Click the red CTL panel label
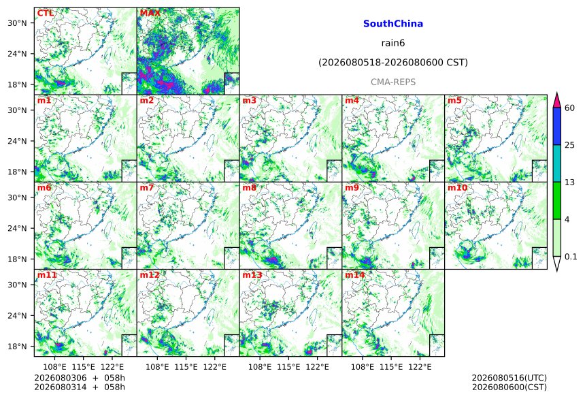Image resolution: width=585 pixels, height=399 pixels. (45, 13)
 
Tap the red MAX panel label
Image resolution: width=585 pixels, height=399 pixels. (150, 13)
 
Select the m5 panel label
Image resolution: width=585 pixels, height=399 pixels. (454, 101)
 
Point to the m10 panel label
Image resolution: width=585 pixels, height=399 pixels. (457, 188)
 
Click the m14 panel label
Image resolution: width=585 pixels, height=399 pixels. (355, 275)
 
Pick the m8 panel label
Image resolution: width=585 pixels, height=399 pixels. (249, 188)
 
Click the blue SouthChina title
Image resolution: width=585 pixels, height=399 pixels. (393, 24)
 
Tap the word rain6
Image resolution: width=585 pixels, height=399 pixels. (393, 43)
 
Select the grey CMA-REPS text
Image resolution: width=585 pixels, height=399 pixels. (393, 82)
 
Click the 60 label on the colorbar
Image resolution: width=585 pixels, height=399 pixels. (570, 108)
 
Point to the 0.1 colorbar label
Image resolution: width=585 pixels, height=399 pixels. (571, 257)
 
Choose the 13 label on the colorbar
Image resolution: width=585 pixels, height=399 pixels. (570, 182)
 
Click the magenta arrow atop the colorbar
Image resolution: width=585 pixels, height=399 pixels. (556, 101)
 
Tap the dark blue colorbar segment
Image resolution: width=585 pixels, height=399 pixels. (556, 126)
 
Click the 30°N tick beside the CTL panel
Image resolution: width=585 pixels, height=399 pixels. (17, 23)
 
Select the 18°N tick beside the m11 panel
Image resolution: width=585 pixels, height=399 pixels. (17, 347)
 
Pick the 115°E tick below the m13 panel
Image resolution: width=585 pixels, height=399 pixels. (288, 367)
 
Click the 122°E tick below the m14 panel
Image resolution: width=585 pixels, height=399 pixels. (420, 367)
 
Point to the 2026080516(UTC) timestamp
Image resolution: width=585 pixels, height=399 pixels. (509, 378)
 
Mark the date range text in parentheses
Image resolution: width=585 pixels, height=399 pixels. (393, 63)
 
